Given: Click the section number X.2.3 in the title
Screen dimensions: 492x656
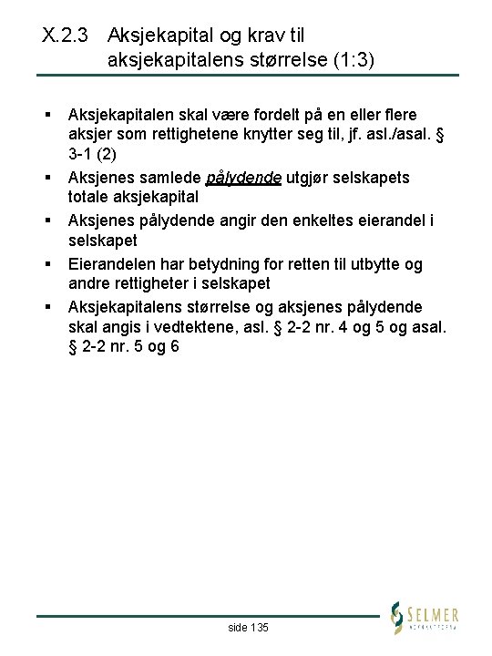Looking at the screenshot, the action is click(68, 36).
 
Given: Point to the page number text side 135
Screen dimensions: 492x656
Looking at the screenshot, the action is click(248, 628).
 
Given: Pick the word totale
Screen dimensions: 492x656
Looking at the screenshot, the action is click(89, 198).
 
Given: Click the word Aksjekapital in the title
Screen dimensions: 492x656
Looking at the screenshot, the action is click(162, 36).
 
